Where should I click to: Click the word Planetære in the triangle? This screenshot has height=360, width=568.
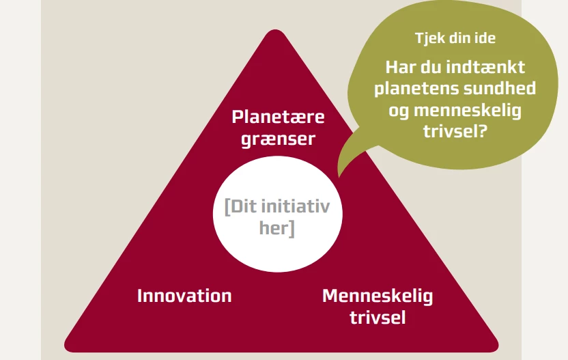278,117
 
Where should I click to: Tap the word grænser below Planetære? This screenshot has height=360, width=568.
279,139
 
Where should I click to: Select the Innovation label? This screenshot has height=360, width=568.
184,296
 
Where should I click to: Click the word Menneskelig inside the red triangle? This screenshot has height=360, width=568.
378,296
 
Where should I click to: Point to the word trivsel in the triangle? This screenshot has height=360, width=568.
378,318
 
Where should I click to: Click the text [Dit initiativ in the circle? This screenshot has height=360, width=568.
277,207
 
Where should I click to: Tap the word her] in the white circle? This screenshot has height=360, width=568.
277,228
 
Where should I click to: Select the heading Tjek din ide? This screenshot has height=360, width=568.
455,38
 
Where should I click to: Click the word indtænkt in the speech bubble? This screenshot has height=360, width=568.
485,68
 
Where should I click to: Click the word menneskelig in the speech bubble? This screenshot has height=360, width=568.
467,110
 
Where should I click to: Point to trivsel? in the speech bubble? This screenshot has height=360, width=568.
455,131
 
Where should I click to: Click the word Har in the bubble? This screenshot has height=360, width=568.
400,68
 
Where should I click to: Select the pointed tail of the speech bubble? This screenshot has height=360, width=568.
339,176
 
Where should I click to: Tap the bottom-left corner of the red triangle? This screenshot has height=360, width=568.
67,347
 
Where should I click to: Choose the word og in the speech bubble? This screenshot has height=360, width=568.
399,111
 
